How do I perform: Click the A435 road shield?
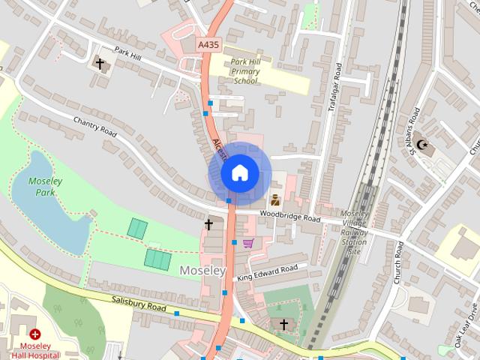[208, 46]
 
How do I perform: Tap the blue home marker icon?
[238, 173]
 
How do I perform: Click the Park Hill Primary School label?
[245, 71]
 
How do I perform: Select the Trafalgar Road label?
[335, 87]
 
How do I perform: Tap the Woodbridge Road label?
[290, 217]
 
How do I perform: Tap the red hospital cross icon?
[35, 334]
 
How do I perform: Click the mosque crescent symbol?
[421, 145]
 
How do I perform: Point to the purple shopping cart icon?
[248, 243]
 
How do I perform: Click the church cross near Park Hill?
[100, 64]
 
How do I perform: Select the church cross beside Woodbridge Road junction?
[209, 224]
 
